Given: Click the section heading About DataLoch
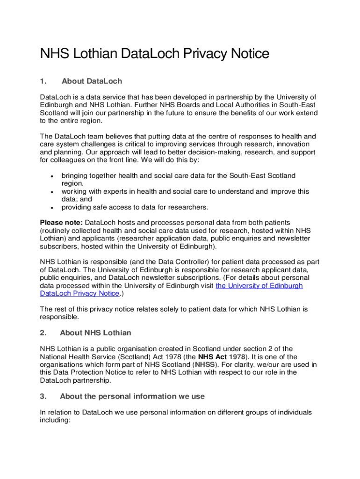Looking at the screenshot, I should click(92, 81).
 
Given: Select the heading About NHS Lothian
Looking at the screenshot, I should click(95, 333).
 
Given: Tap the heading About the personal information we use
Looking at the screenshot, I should click(132, 397).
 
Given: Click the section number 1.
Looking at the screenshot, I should click(43, 81).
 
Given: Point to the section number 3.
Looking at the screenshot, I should click(43, 397).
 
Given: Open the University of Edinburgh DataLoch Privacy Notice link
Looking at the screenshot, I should click(259, 286).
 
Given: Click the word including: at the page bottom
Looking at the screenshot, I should click(55, 421).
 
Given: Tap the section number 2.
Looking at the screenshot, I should click(43, 333).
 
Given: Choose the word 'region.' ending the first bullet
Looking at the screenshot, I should click(72, 183).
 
